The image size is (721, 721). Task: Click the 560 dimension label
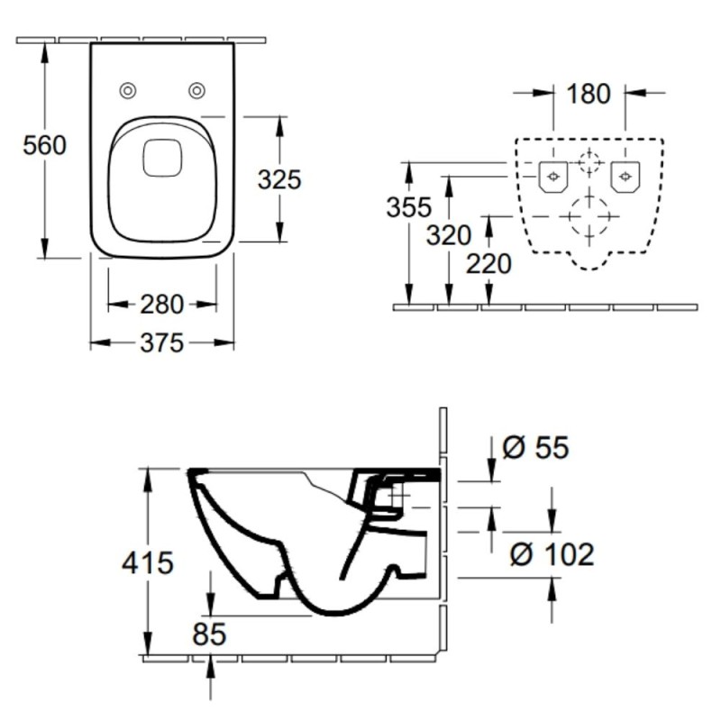pyautogui.click(x=44, y=145)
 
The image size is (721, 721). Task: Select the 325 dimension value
pyautogui.click(x=279, y=179)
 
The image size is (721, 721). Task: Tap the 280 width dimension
pyautogui.click(x=162, y=305)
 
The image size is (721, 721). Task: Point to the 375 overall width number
pyautogui.click(x=162, y=343)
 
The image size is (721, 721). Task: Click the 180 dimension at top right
pyautogui.click(x=589, y=94)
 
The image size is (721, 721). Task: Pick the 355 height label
pyautogui.click(x=409, y=207)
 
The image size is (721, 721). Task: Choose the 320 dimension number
pyautogui.click(x=449, y=235)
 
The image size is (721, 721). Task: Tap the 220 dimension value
pyautogui.click(x=488, y=264)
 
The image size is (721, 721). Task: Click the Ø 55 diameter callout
pyautogui.click(x=535, y=447)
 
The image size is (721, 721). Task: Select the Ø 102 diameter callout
pyautogui.click(x=552, y=553)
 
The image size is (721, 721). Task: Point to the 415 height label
pyautogui.click(x=148, y=562)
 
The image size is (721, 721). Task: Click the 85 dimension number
pyautogui.click(x=209, y=634)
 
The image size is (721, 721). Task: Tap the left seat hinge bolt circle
pyautogui.click(x=128, y=91)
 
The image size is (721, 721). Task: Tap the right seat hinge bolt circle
pyautogui.click(x=196, y=91)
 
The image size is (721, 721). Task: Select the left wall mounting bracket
pyautogui.click(x=553, y=177)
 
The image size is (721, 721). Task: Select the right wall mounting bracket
pyautogui.click(x=625, y=177)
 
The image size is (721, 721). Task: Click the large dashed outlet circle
pyautogui.click(x=589, y=215)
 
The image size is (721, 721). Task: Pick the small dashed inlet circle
pyautogui.click(x=589, y=162)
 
